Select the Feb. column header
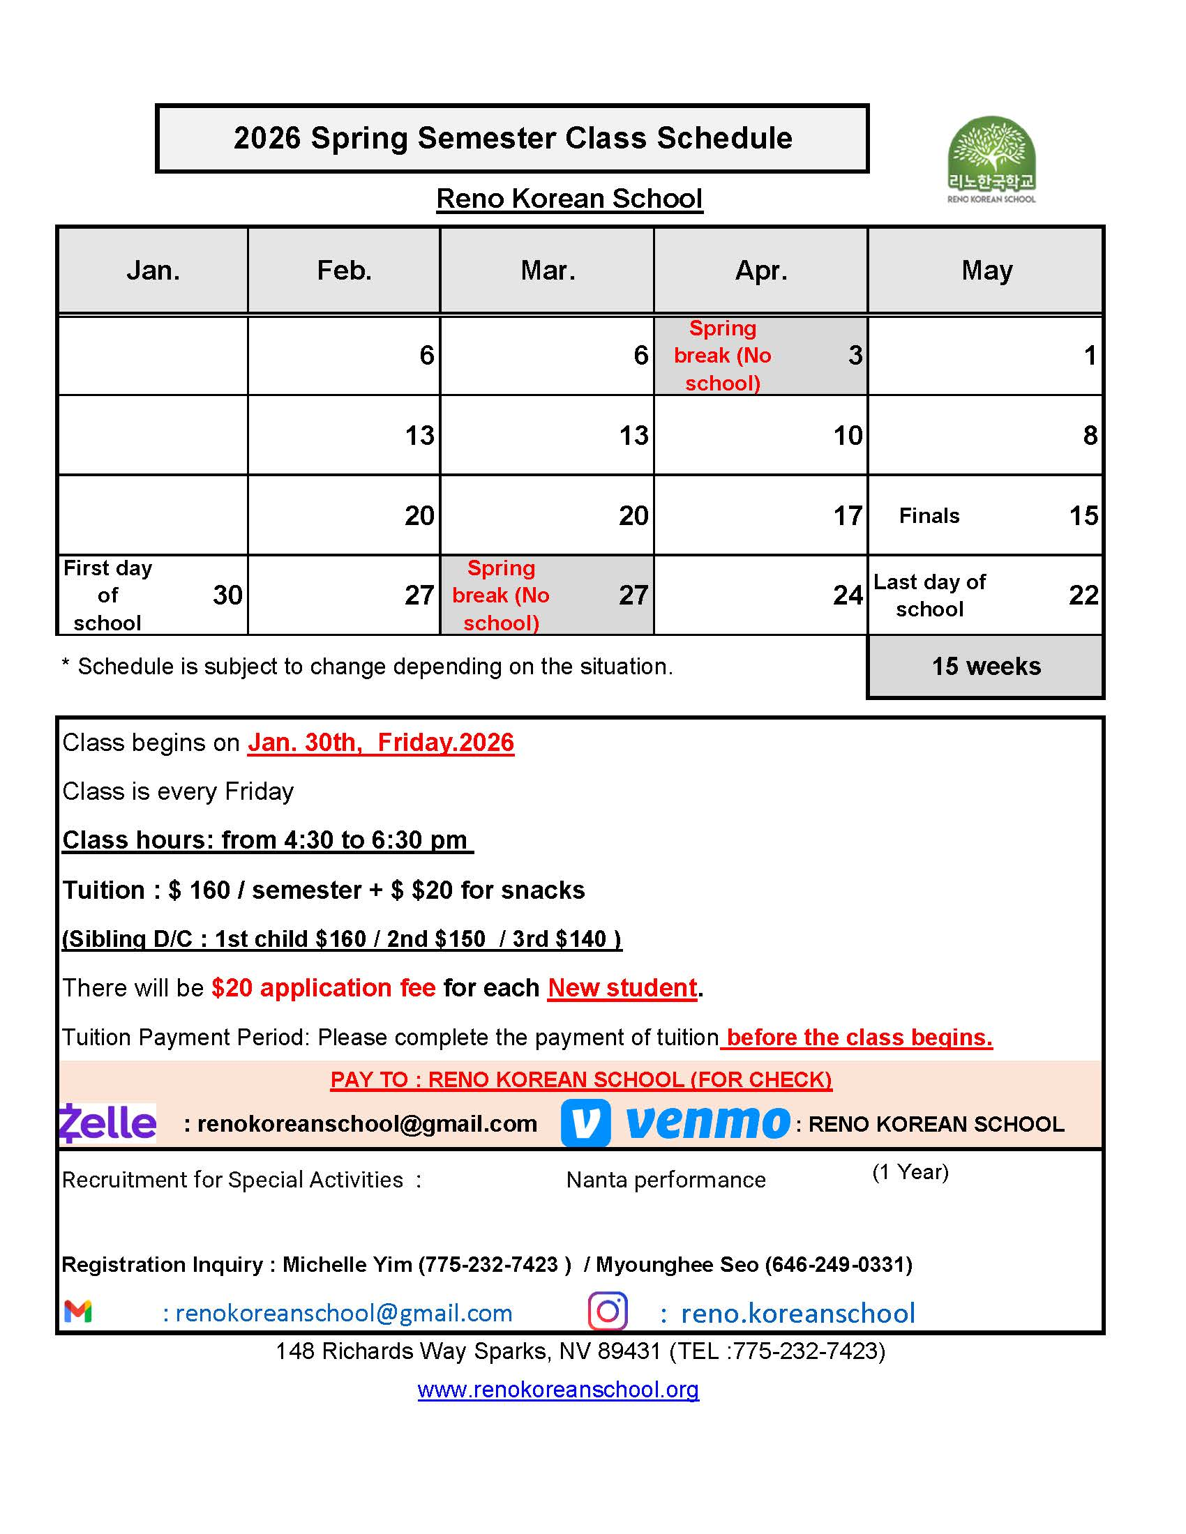tap(344, 271)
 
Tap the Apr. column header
tap(761, 271)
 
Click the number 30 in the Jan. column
tap(227, 595)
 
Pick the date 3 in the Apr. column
tap(855, 356)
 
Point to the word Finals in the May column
tap(929, 516)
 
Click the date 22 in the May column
tap(1083, 595)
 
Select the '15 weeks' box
tap(986, 667)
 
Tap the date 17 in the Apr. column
tap(848, 516)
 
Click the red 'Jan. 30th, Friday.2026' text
tap(381, 743)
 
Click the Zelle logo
tap(107, 1123)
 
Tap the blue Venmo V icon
tap(585, 1123)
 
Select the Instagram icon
tap(608, 1312)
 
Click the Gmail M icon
tap(78, 1312)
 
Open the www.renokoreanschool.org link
tap(558, 1390)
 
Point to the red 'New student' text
tap(622, 988)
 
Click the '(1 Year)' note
tap(910, 1172)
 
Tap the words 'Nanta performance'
tap(666, 1180)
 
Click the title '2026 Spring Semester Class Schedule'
tap(512, 138)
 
